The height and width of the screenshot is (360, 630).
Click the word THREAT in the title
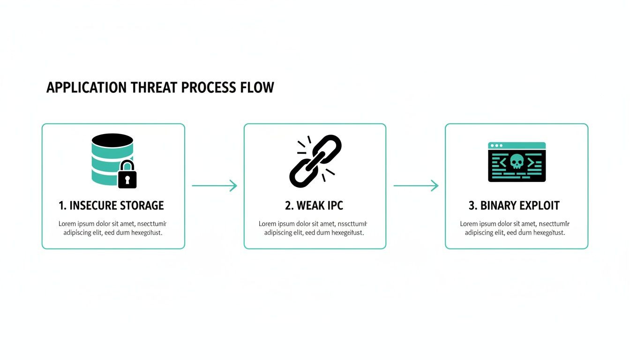(152, 88)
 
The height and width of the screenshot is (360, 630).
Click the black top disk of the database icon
(112, 140)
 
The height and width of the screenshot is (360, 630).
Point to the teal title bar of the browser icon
(517, 145)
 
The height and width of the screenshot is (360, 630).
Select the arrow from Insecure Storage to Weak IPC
(214, 186)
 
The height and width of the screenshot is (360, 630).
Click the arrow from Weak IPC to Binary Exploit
(415, 186)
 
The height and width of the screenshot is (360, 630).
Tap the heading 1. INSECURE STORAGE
(112, 205)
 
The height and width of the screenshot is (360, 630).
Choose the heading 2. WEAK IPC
(315, 205)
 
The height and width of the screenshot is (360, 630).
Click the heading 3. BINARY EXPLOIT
(514, 205)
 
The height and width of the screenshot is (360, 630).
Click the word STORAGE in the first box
(142, 205)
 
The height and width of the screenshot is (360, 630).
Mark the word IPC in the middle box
(334, 205)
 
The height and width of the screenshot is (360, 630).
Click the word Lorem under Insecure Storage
(67, 224)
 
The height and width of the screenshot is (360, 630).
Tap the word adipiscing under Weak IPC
(279, 232)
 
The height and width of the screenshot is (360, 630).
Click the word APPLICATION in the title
(86, 88)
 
